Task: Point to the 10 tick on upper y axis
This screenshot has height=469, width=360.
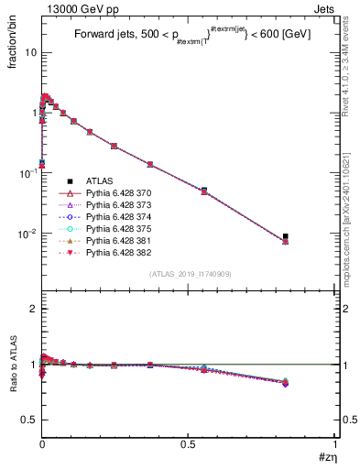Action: click(30, 52)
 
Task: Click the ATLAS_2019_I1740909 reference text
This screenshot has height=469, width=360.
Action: click(189, 275)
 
